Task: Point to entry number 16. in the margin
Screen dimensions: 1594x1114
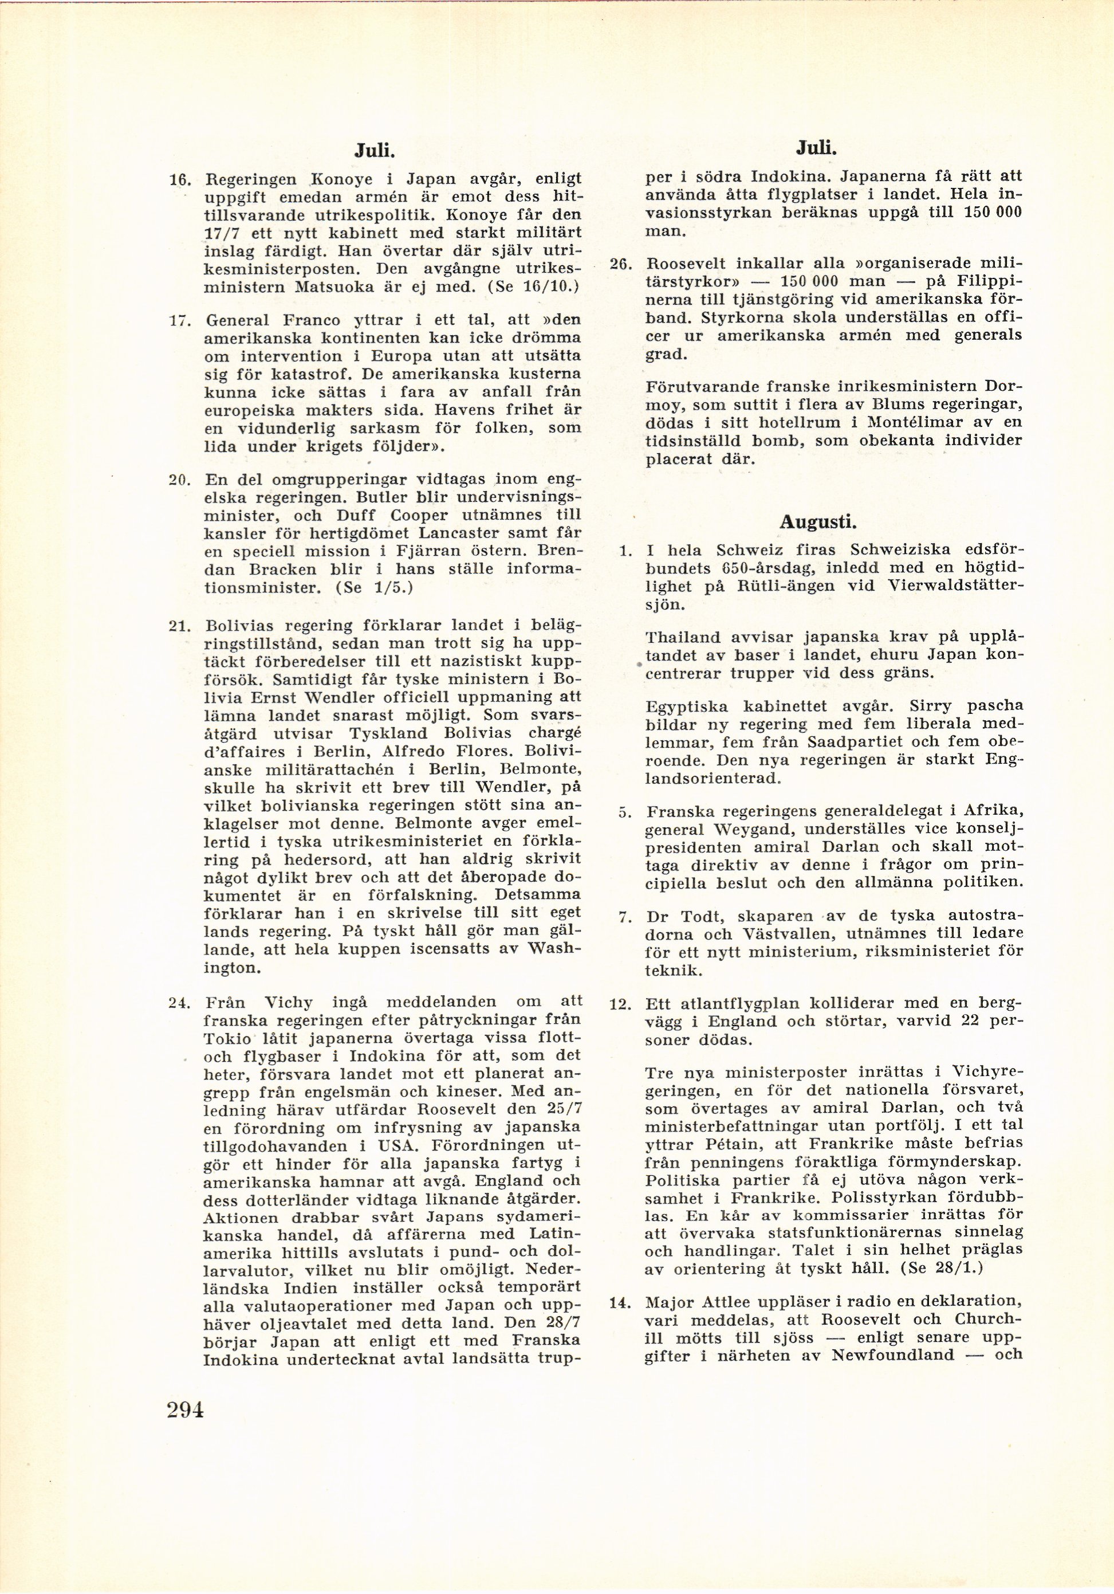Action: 181,180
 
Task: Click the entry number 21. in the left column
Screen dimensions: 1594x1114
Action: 180,625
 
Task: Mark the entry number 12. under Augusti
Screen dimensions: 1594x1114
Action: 620,1004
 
